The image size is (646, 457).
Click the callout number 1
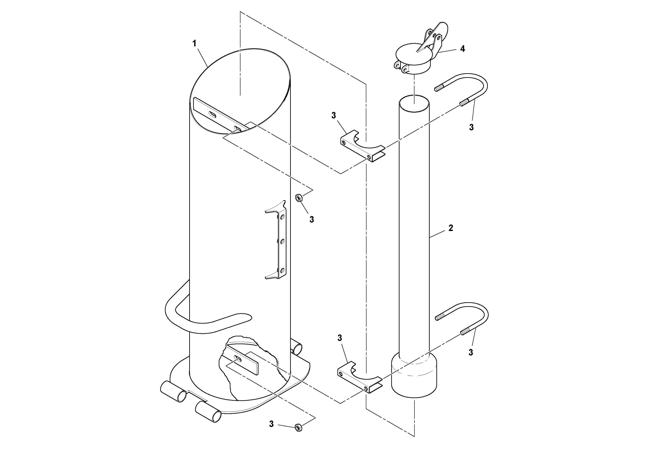[194, 43]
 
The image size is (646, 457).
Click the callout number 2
[451, 228]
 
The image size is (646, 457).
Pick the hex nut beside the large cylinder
[299, 198]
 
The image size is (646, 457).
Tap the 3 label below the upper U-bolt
[471, 127]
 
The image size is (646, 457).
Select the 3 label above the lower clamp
[340, 338]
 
